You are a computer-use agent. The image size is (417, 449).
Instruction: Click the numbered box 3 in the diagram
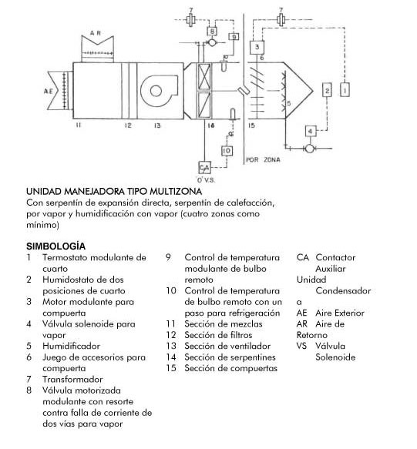tap(257, 47)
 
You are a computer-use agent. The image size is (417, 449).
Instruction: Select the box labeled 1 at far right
tap(345, 89)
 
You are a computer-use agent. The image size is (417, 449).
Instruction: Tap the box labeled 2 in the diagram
tap(327, 90)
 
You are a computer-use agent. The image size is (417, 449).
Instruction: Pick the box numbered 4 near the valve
tap(311, 132)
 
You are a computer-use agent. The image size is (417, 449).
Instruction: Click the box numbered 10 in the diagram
tap(227, 151)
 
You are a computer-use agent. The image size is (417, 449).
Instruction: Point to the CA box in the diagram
tap(204, 168)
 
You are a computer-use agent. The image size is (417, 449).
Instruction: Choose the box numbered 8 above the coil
tap(212, 32)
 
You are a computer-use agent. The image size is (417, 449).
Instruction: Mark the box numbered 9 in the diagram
tap(234, 37)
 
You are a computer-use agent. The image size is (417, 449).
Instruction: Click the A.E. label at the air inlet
tap(49, 92)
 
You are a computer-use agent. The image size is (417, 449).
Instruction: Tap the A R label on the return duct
tap(96, 33)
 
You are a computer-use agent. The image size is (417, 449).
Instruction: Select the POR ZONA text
tap(263, 159)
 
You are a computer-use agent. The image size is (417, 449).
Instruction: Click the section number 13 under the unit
tap(157, 126)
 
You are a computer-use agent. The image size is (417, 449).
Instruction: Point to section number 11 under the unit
tap(79, 125)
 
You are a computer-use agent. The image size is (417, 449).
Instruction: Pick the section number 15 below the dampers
tap(251, 126)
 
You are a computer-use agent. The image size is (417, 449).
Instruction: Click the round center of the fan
tap(156, 91)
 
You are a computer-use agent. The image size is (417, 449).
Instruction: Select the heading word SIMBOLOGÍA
tap(56, 246)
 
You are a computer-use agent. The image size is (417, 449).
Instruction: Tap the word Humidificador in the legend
tap(72, 346)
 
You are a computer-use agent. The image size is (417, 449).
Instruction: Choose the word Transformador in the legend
tap(72, 379)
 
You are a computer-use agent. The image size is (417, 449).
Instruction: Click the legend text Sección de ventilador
tap(227, 346)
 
